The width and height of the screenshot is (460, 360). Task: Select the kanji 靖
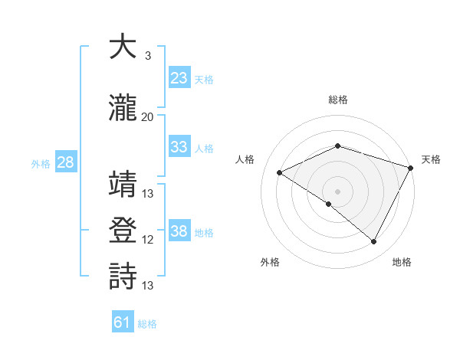123,185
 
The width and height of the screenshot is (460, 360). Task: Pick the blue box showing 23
179,77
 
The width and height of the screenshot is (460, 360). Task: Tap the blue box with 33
179,147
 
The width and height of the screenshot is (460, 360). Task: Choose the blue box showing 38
179,231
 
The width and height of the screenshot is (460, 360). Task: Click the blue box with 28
65,162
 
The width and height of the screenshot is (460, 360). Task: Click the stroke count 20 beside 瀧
148,117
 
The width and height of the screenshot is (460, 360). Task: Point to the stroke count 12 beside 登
148,240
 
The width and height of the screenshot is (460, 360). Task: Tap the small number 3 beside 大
148,56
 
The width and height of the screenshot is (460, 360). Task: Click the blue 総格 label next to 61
147,324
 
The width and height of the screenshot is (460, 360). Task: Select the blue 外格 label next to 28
41,164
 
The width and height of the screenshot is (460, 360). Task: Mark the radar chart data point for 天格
412,168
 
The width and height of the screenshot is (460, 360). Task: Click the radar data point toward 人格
280,173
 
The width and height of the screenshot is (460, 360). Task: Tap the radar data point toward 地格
374,242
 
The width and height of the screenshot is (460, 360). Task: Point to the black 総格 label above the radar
338,100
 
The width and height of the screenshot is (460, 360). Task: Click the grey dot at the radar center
337,191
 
